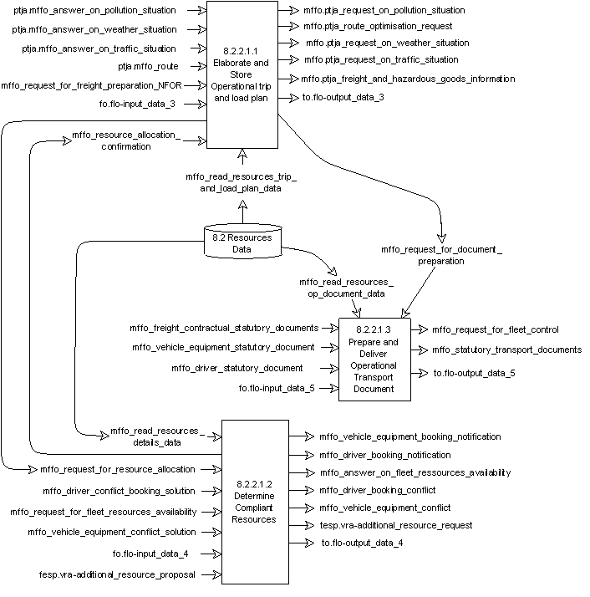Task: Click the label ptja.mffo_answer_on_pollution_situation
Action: (94, 10)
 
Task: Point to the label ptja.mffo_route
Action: (148, 66)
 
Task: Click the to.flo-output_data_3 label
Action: (343, 98)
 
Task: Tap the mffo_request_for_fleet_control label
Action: (495, 329)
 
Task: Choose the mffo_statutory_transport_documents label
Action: (506, 350)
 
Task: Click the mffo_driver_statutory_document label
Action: (237, 368)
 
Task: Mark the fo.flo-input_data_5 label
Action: (277, 388)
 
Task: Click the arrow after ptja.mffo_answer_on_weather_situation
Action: (196, 29)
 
